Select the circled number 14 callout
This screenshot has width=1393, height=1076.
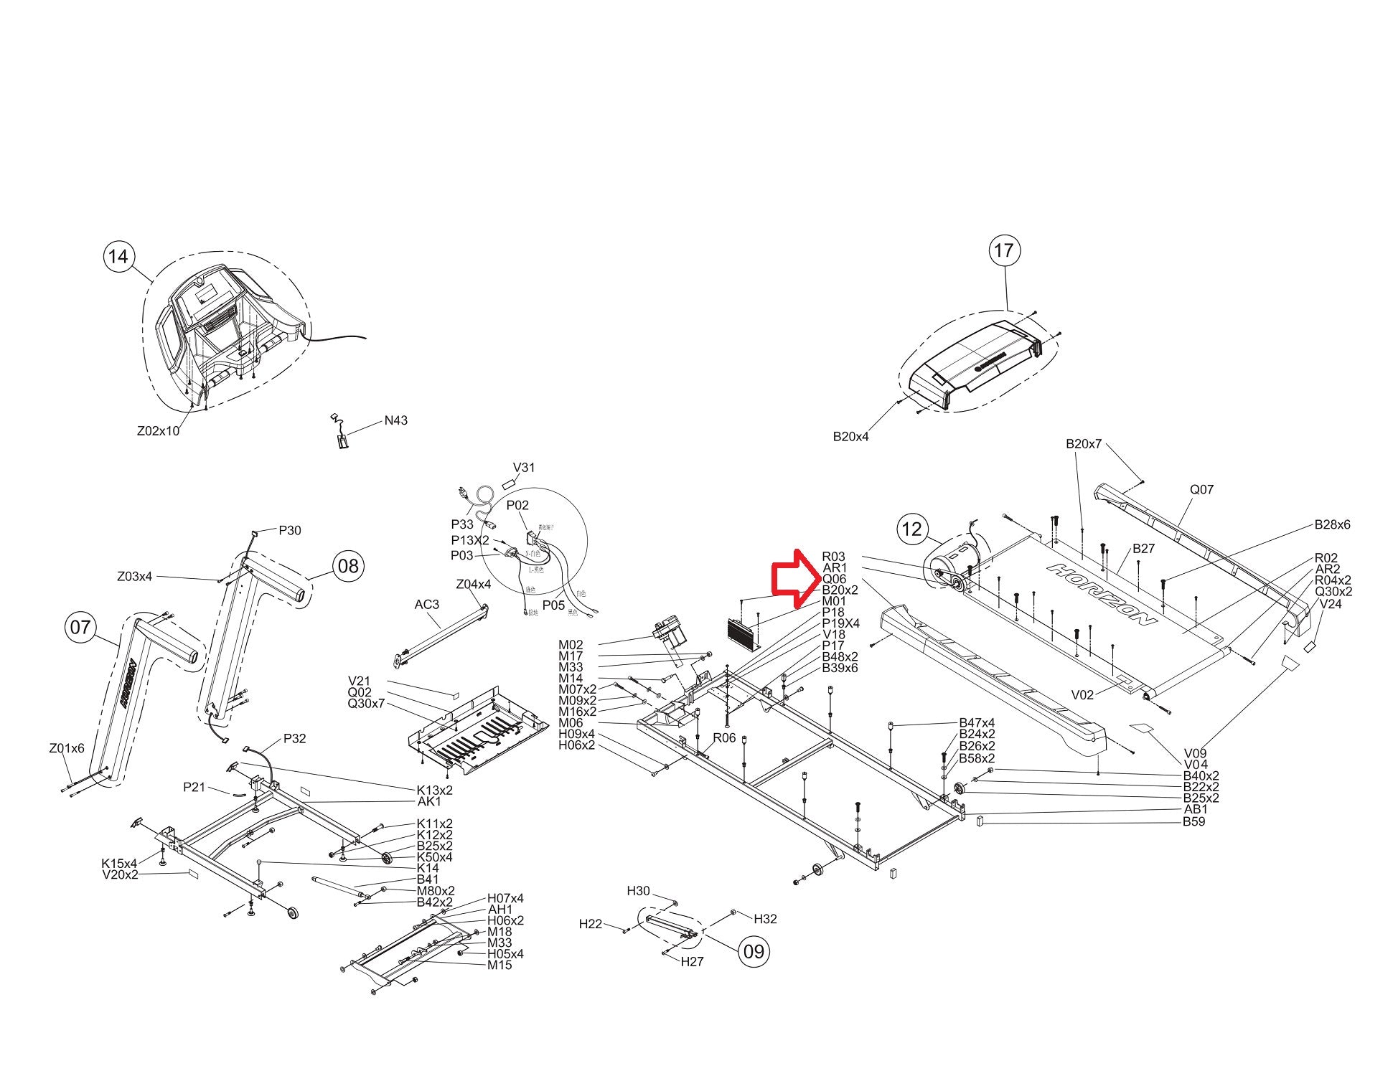tap(119, 256)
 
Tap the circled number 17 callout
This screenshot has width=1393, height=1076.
tap(1003, 250)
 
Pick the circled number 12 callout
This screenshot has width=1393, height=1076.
tap(911, 529)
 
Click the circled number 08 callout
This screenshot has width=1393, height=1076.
tap(347, 566)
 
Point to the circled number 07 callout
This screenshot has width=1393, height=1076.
tap(80, 627)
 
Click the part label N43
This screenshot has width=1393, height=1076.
tap(395, 420)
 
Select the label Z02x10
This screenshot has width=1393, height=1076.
tap(158, 431)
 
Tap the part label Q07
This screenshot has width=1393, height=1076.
tap(1201, 489)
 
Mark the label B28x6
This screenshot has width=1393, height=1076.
tap(1332, 524)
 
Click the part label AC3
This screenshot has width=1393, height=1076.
tap(426, 604)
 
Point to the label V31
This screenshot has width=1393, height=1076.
tap(524, 467)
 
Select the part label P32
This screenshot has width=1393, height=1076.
tap(294, 738)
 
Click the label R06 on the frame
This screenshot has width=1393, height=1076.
tap(724, 737)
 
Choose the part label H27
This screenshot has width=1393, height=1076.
tap(692, 961)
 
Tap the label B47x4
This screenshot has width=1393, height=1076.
tap(977, 722)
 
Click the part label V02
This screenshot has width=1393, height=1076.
tap(1082, 694)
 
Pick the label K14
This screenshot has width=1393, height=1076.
tap(428, 868)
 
